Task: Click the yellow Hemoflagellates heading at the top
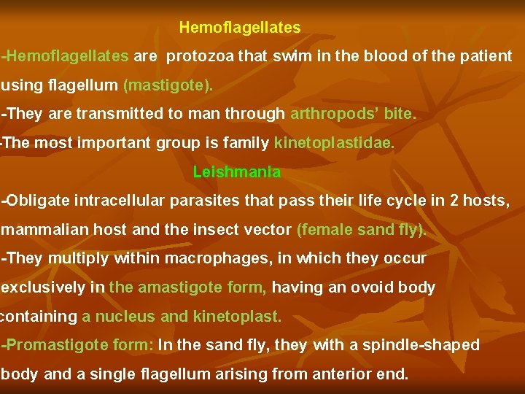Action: pyautogui.click(x=239, y=28)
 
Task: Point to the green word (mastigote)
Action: pyautogui.click(x=168, y=85)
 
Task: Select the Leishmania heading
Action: pyautogui.click(x=236, y=172)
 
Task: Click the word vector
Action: pyautogui.click(x=267, y=230)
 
